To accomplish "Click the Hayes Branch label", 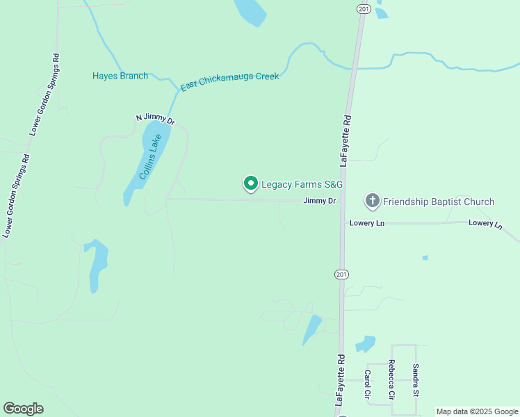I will point(120,76).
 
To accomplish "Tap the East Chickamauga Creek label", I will point(229,81).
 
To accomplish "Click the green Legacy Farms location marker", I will point(250,183).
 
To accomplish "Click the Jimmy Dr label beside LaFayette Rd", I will point(319,201).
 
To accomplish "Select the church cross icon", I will point(373,202).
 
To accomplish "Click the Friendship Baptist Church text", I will point(438,202).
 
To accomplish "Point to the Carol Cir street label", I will point(367,384).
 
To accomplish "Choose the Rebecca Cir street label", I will point(392,379).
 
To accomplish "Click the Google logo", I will point(23,409).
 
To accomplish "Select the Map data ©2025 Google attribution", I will point(478,411).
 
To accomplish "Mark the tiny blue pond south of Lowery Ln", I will point(425,258).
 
